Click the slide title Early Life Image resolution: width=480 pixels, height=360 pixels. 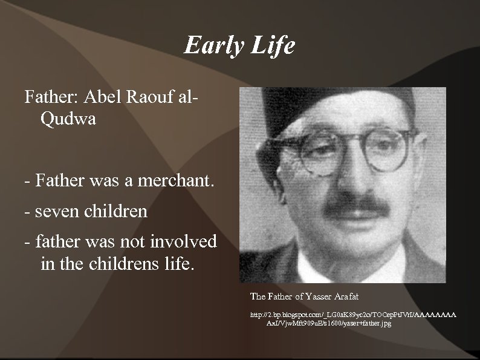pos(239,45)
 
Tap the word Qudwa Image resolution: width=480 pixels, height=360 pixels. pos(68,119)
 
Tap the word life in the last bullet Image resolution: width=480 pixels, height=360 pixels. pos(180,264)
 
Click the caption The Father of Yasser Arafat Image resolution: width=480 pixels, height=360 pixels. pos(304,296)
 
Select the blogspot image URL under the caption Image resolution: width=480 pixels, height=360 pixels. pos(353,319)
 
